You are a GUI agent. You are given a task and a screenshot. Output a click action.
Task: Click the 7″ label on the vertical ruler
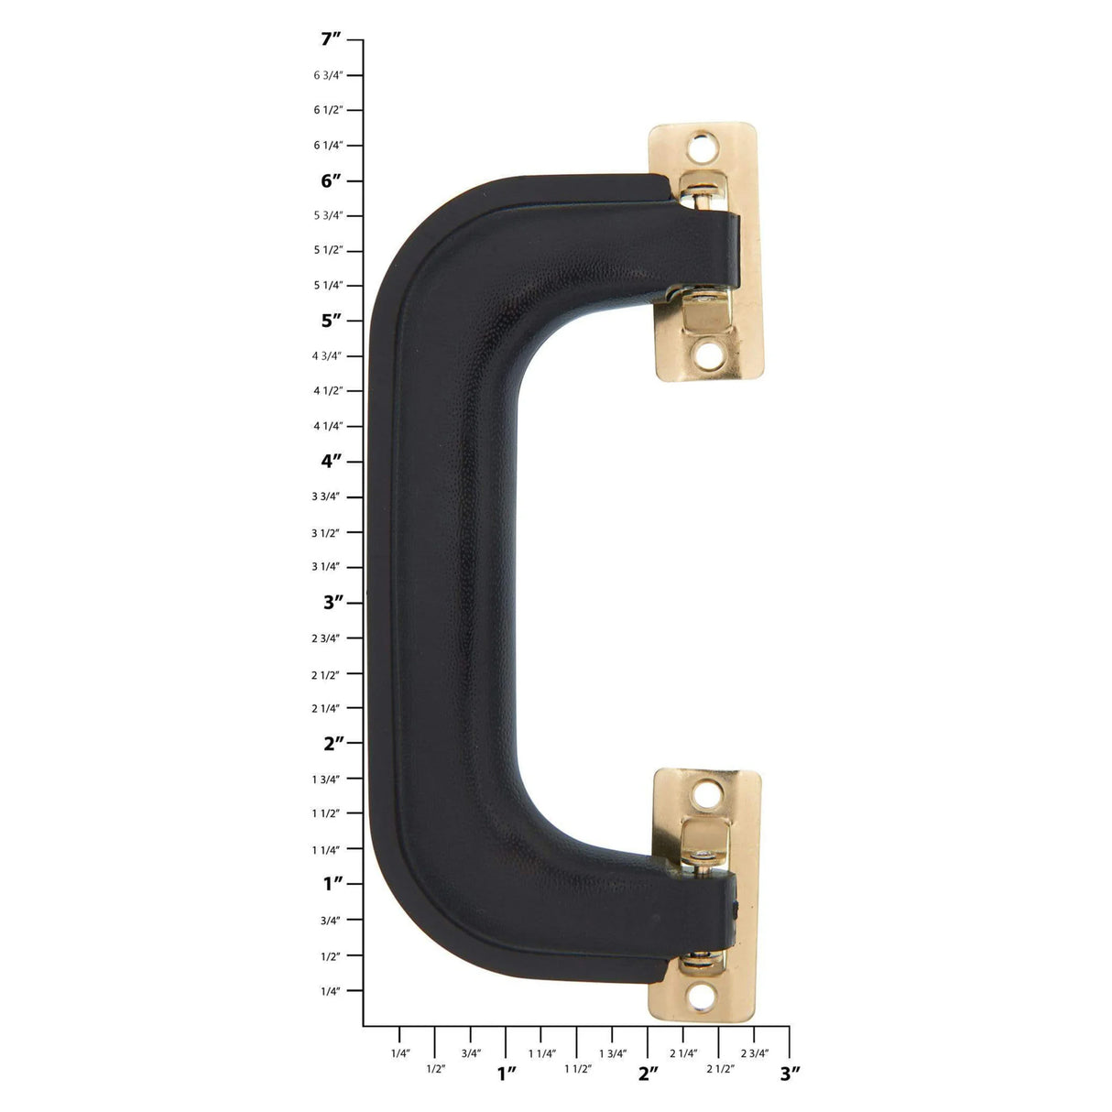[x=331, y=39]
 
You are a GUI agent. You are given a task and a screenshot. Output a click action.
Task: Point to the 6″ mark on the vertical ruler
[x=331, y=180]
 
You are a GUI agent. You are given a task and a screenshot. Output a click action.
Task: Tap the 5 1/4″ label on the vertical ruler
[x=328, y=285]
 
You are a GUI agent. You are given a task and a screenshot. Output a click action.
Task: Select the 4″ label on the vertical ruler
[x=331, y=461]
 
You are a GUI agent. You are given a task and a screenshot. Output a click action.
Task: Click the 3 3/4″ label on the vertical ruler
[x=327, y=496]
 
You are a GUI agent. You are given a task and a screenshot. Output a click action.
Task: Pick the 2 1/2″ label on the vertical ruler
[x=327, y=675]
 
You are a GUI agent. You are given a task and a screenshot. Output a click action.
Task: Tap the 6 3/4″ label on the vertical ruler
[x=328, y=75]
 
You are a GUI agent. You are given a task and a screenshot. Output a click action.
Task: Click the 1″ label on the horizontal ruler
[x=507, y=1073]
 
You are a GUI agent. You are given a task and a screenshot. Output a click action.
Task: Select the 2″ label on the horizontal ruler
[x=649, y=1073]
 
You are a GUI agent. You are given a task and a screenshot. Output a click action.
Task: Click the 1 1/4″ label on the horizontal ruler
[x=542, y=1053]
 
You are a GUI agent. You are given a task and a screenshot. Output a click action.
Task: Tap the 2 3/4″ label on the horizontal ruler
[x=755, y=1053]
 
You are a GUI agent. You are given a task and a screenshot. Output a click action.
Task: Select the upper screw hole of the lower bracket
[x=707, y=792]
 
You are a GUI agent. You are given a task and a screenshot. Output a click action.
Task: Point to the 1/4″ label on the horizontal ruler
[x=400, y=1053]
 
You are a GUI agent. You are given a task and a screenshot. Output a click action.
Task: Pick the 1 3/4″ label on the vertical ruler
[x=327, y=779]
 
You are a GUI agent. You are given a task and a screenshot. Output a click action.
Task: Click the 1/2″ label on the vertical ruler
[x=330, y=956]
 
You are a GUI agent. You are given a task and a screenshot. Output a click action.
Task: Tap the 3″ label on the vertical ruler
[x=331, y=602]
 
